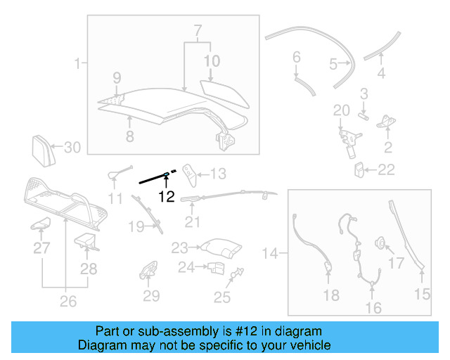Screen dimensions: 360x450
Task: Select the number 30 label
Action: click(x=73, y=148)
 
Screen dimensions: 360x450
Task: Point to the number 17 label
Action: click(x=397, y=264)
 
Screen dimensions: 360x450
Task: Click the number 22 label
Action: click(x=387, y=169)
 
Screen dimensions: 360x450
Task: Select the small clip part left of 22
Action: click(x=359, y=169)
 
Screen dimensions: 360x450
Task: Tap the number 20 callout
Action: click(x=341, y=110)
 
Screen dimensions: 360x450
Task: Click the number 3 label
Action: click(x=364, y=94)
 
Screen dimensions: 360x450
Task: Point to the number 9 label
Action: click(x=117, y=77)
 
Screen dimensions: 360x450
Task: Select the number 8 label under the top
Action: click(x=129, y=137)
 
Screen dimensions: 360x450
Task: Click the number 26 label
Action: click(x=67, y=303)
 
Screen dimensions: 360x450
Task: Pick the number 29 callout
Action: click(x=152, y=296)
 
